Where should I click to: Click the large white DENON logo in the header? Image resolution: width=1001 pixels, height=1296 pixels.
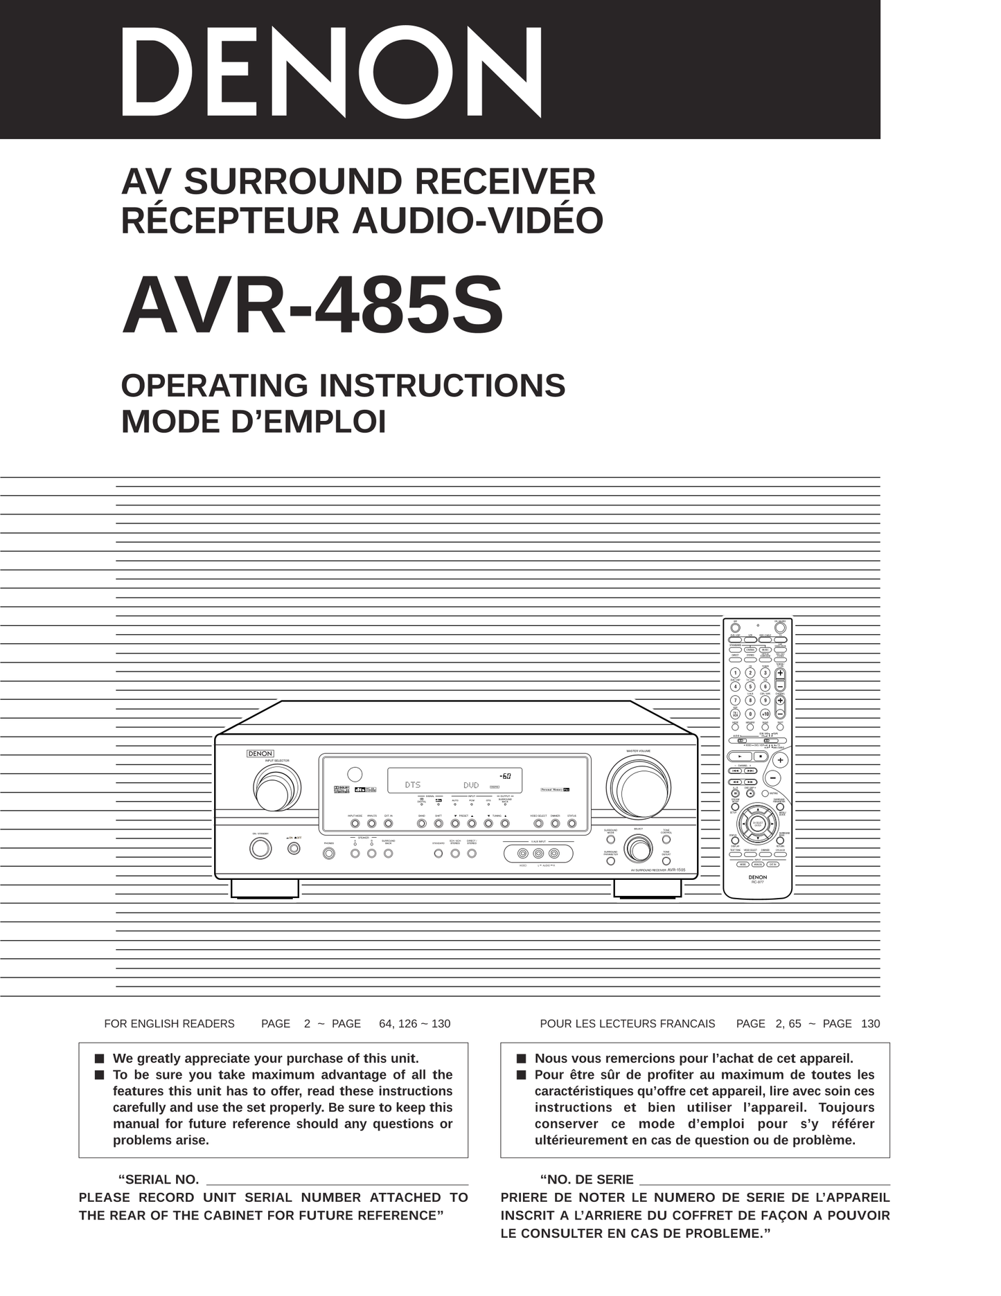pyautogui.click(x=331, y=72)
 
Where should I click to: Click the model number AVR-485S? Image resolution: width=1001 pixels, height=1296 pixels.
pyautogui.click(x=312, y=305)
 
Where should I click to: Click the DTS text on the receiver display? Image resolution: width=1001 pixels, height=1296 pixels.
pyautogui.click(x=413, y=785)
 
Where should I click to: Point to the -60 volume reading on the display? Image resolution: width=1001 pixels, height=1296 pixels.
pyautogui.click(x=505, y=776)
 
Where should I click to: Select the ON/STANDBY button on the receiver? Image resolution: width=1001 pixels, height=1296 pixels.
pyautogui.click(x=260, y=848)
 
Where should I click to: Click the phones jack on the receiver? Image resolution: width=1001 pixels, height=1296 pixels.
pyautogui.click(x=329, y=854)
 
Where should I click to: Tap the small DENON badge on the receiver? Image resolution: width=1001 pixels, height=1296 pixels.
pyautogui.click(x=260, y=753)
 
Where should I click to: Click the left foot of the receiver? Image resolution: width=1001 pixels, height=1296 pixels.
pyautogui.click(x=265, y=888)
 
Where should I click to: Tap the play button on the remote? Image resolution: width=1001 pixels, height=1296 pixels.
pyautogui.click(x=739, y=757)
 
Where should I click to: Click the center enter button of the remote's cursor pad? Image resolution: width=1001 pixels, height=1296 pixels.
pyautogui.click(x=758, y=825)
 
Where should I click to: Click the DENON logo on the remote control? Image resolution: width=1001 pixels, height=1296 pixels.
pyautogui.click(x=757, y=877)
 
